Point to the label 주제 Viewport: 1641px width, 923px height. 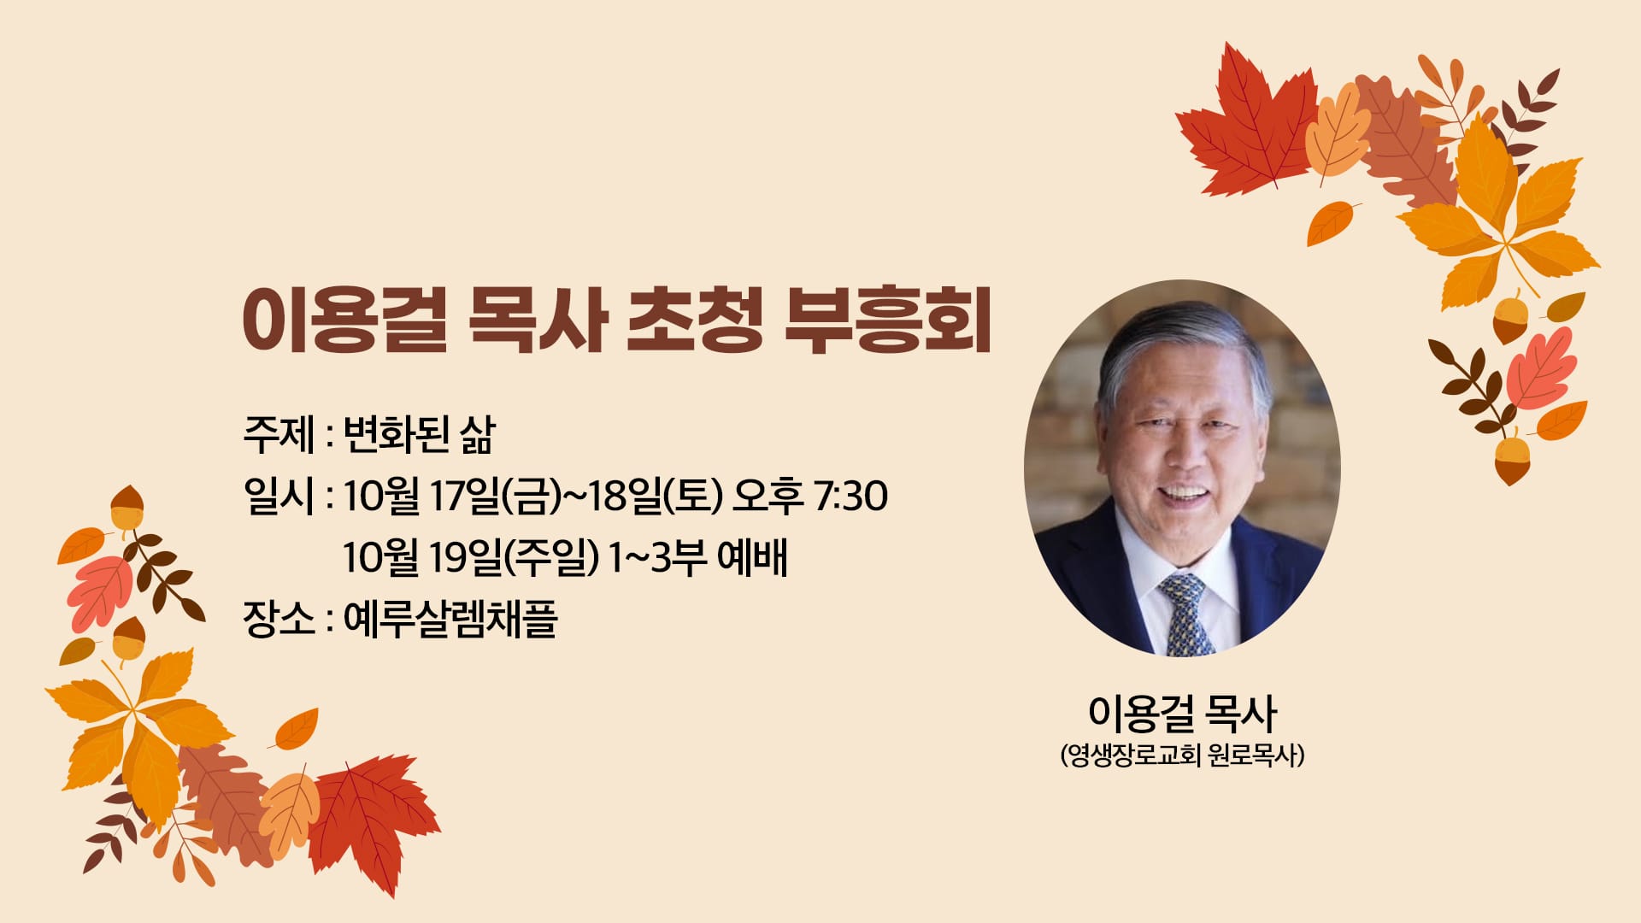click(279, 434)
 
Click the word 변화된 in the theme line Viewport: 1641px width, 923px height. click(396, 434)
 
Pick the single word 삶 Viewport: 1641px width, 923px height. click(478, 434)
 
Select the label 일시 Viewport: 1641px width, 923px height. click(279, 496)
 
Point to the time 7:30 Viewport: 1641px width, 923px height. click(850, 496)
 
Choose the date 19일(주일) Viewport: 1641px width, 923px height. click(514, 557)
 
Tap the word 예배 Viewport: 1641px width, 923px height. click(752, 557)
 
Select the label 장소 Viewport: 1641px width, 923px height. click(279, 619)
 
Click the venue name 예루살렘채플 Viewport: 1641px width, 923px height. click(450, 619)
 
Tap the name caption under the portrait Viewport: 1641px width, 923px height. click(1182, 713)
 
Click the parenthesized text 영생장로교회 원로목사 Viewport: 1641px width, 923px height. click(1182, 755)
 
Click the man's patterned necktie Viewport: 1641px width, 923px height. click(1187, 614)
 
